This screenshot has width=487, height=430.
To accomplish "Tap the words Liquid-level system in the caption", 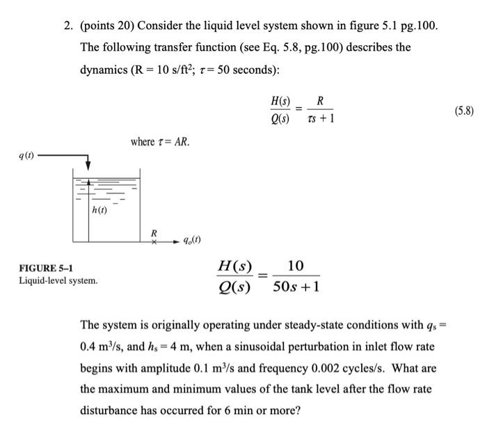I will click(58, 281).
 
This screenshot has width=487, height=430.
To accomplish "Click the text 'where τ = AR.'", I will click(160, 142).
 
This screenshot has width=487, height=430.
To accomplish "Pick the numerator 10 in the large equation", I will click(295, 266).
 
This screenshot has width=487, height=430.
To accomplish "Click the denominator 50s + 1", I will click(296, 287).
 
